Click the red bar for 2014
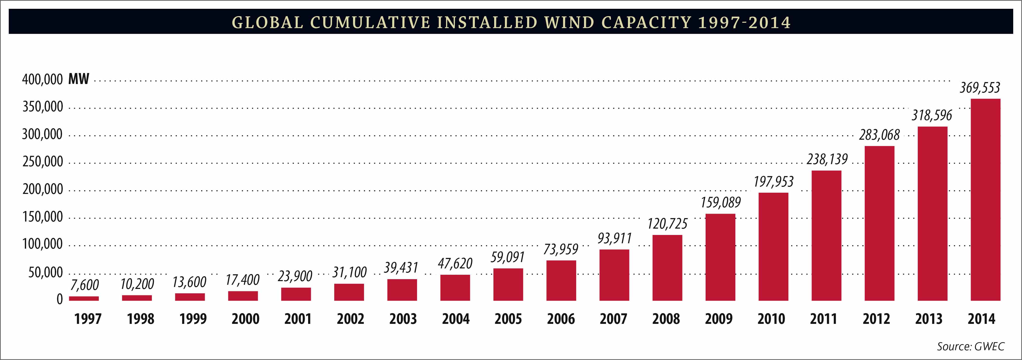985,199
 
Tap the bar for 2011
826,235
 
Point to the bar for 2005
508,284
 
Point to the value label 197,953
773,182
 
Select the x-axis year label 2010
771,319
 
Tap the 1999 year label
193,319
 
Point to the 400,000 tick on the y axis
42,80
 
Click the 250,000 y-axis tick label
42,162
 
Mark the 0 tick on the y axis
60,299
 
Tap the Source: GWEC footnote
970,347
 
